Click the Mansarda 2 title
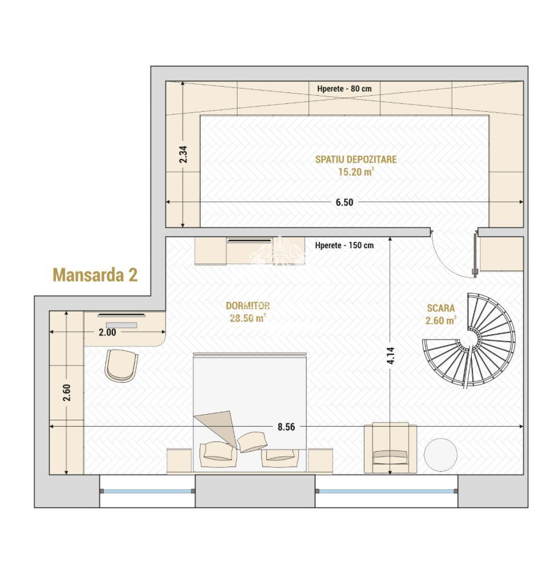[95, 274]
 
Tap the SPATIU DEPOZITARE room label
[355, 159]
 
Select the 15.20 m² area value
[355, 172]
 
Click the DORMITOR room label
[248, 306]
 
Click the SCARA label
[441, 308]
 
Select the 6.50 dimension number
[344, 202]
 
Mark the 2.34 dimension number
[183, 155]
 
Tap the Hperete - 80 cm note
[344, 89]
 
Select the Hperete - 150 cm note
[344, 246]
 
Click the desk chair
[121, 365]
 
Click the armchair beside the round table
[390, 448]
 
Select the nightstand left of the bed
[179, 460]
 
